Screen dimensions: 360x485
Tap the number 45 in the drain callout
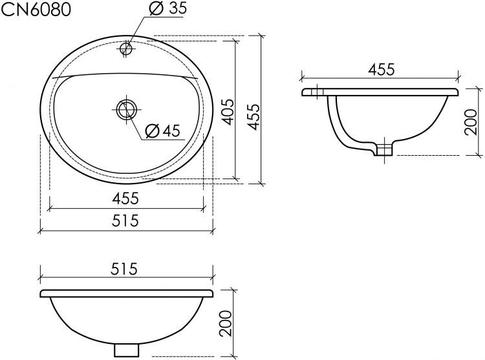click(170, 131)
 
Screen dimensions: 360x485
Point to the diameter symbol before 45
click(152, 131)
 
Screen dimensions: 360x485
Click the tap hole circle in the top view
click(126, 48)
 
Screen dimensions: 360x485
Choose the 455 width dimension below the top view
click(126, 199)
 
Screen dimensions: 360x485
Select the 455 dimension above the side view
click(381, 69)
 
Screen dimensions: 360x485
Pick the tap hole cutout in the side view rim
click(317, 92)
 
